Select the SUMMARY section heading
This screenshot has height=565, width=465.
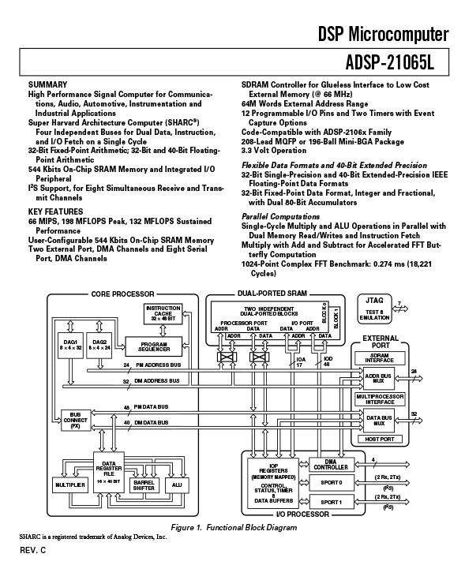47,84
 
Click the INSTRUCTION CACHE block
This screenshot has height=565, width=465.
163,312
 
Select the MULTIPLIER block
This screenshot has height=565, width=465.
69,483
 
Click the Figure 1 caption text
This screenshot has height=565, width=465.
232,527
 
